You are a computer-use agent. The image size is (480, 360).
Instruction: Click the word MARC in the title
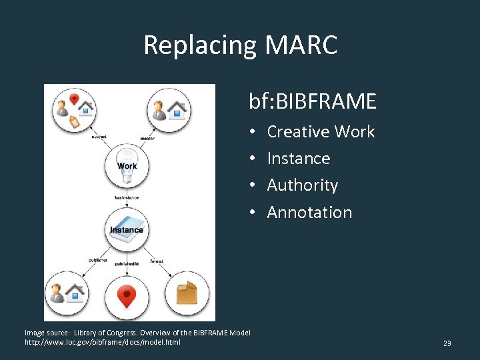point(301,45)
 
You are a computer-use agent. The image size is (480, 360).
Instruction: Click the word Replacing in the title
point(199,45)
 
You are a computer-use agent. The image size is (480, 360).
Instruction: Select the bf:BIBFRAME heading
point(313,101)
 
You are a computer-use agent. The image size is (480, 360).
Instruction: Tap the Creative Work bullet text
point(321,132)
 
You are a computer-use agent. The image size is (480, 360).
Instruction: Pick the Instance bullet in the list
point(298,159)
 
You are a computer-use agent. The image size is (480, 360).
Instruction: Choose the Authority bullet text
point(302,185)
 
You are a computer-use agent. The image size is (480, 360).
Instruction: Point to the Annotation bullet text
point(309,213)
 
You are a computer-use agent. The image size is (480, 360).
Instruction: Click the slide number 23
point(447,343)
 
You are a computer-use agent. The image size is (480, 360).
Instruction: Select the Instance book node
point(127,229)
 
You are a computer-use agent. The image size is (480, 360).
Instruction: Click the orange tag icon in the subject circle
point(74,121)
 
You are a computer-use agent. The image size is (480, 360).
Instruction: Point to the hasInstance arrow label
point(127,197)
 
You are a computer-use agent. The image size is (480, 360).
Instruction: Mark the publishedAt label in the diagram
point(127,264)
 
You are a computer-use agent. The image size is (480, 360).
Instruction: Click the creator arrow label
point(147,138)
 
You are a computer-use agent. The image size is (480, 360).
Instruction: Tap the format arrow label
point(157,261)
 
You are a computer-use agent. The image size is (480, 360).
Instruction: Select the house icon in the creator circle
point(177,109)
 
